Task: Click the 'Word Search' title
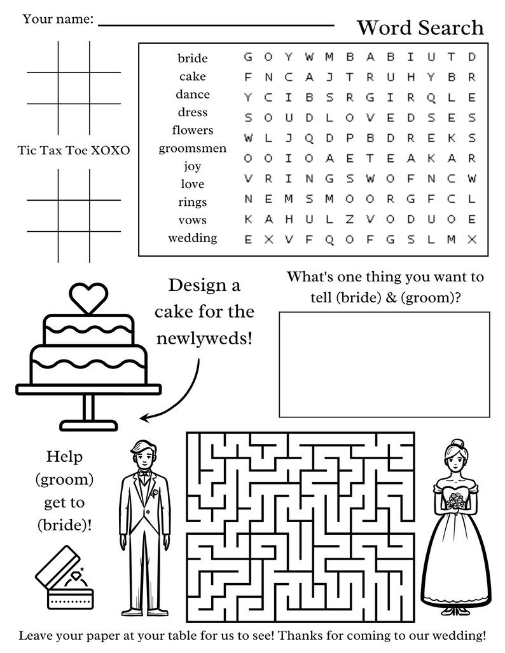(x=420, y=27)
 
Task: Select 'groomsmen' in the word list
(x=192, y=148)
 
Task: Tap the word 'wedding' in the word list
(x=192, y=238)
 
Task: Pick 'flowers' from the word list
(x=192, y=130)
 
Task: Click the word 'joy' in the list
(x=192, y=166)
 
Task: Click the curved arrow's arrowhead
(x=145, y=417)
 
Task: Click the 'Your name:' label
(x=58, y=19)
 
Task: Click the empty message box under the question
(x=384, y=364)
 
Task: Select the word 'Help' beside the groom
(x=64, y=456)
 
